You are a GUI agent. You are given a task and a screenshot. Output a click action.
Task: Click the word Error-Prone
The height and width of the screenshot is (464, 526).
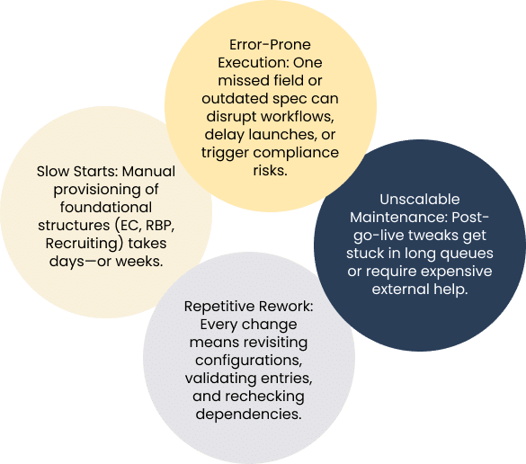(x=270, y=45)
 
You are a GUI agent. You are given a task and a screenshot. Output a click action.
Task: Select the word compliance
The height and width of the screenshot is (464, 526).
(x=296, y=153)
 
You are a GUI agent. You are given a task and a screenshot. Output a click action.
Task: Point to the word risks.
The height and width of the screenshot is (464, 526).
(x=270, y=171)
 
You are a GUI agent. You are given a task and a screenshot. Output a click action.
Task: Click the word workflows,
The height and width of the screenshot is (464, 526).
(x=298, y=117)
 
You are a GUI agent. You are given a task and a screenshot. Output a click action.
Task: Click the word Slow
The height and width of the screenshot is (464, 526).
(x=53, y=172)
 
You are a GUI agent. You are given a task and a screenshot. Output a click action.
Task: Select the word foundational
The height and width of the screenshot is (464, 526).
(x=106, y=208)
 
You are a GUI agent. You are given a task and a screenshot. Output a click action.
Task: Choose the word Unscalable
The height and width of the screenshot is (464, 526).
(x=420, y=200)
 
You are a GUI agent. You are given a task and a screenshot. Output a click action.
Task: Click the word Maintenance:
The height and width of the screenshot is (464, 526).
(x=399, y=218)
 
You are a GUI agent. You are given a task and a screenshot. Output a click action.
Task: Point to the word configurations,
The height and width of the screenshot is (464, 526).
(x=248, y=361)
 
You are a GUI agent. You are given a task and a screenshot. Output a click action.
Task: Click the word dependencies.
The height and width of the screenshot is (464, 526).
(x=248, y=415)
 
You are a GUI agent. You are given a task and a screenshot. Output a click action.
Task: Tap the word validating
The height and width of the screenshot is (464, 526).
(x=220, y=379)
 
